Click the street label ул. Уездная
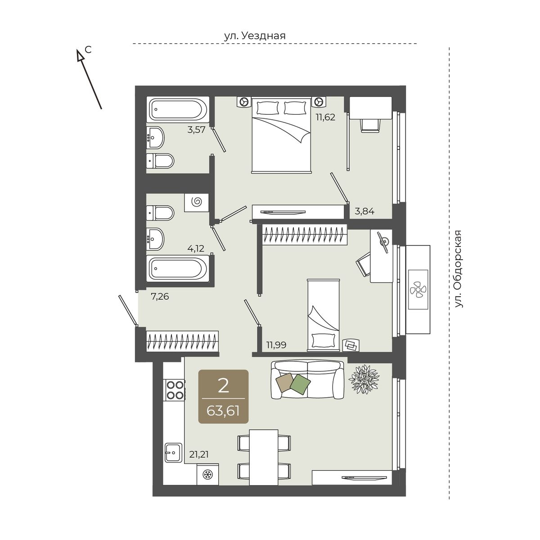tap(255, 36)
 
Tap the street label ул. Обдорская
tap(458, 269)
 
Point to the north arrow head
tap(81, 55)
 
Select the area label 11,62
tap(326, 117)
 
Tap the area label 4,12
tap(196, 248)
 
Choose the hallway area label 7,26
tap(160, 296)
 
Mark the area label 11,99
tap(276, 345)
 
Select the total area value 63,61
tap(223, 411)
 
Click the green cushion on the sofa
tap(300, 384)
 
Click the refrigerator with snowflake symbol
tap(208, 474)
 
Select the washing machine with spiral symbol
tap(197, 202)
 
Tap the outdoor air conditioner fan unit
tap(418, 290)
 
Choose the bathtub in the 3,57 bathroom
tap(178, 109)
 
